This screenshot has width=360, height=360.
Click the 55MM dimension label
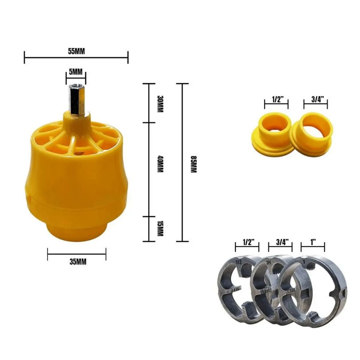pos(76,51)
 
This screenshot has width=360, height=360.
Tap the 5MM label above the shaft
pos(76,72)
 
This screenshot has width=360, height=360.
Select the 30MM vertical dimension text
pos(160,104)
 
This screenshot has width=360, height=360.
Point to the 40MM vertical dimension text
pos(160,164)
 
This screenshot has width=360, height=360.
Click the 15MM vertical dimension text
pos(160,228)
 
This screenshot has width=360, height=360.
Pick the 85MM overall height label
pos(194,164)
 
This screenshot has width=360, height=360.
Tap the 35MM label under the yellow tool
pos(78,262)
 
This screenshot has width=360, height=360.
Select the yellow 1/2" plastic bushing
pos(271,134)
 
